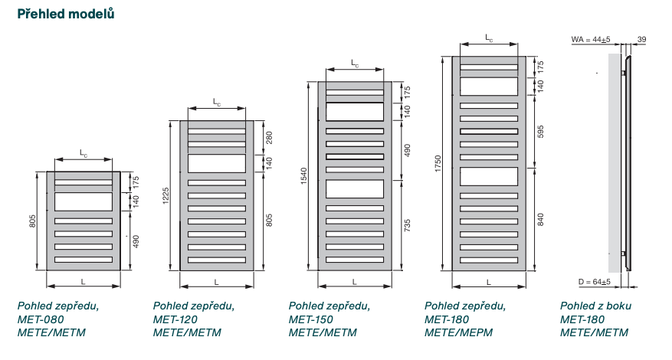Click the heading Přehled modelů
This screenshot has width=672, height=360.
pos(66,14)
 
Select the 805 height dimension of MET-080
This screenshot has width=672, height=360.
pos(33,221)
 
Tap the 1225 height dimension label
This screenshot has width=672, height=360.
pos(166,196)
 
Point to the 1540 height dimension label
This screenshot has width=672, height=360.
pos(304,175)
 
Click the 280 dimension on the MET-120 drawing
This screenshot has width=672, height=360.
pos(269,138)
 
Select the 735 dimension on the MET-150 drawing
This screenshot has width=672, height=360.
pos(407,225)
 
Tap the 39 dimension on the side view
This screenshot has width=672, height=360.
pos(641,38)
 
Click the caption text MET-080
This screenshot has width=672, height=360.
pos(39,319)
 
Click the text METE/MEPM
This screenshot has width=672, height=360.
pos(458,332)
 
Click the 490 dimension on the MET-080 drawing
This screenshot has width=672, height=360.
pos(136,241)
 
